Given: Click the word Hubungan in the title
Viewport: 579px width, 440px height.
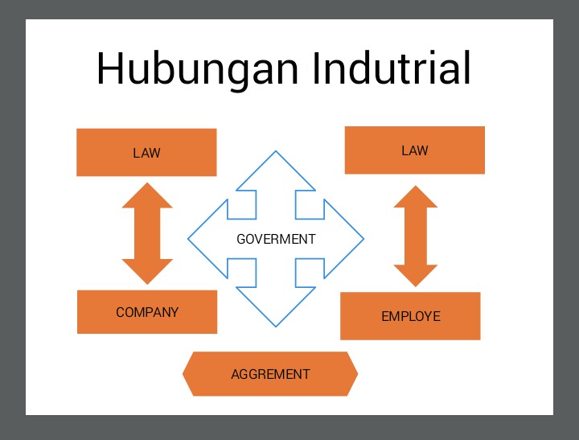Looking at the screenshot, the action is [198, 69].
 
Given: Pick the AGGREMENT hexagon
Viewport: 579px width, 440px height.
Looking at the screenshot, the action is [270, 374].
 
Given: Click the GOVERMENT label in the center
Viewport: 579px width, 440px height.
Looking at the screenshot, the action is [276, 239].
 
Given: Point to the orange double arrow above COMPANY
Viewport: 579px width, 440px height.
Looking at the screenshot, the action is [147, 233].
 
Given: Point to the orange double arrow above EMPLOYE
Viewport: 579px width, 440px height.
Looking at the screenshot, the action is [415, 236].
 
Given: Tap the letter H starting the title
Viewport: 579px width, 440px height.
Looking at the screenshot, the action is [111, 69].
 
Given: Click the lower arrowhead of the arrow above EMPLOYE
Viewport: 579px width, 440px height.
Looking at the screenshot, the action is [415, 276].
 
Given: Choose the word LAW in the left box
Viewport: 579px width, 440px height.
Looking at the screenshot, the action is [146, 152].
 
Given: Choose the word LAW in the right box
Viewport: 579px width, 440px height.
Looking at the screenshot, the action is [414, 150].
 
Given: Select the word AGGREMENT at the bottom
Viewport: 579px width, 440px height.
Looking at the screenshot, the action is [270, 374].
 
